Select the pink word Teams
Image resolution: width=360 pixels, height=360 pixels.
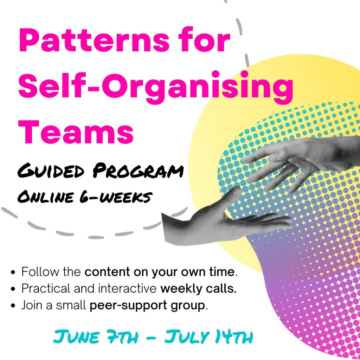(76, 131)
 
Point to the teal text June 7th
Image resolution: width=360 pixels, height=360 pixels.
(96, 337)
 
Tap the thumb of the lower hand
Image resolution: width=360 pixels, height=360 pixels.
(231, 194)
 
